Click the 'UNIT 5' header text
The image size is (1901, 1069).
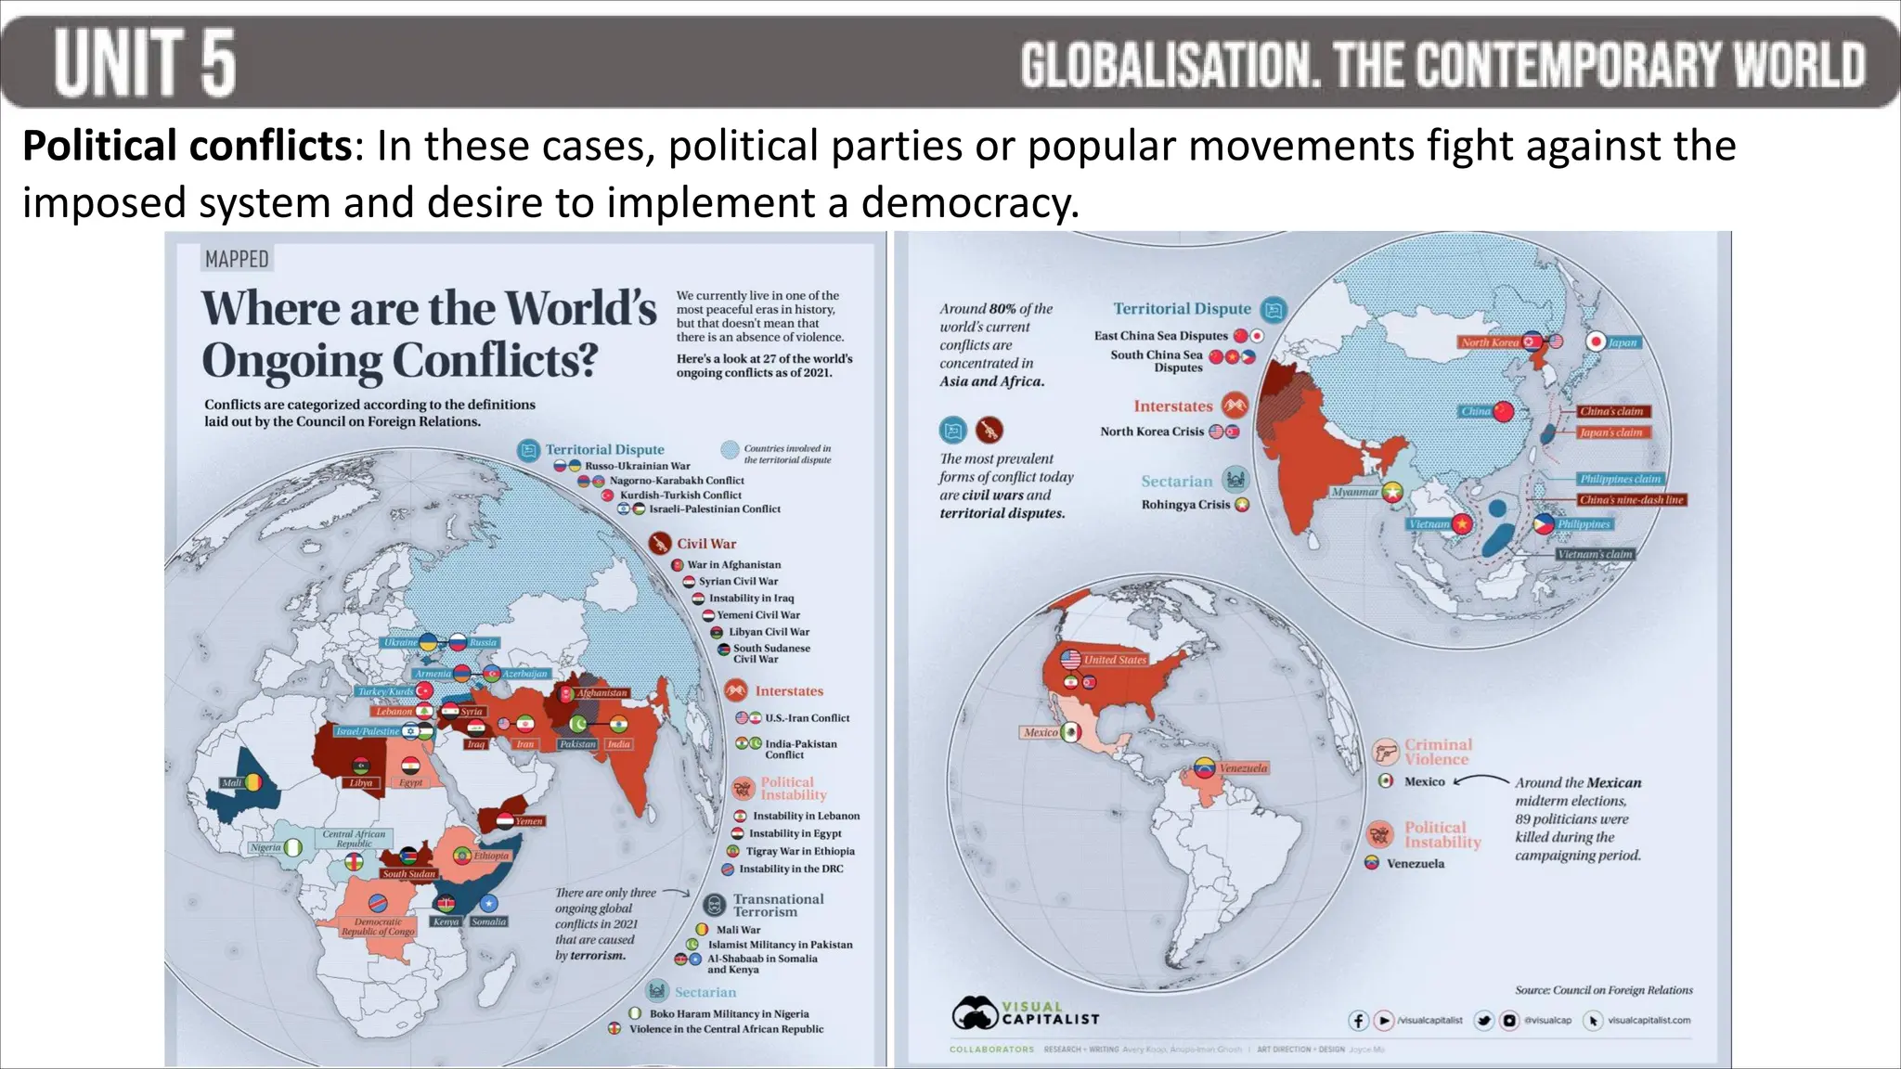click(145, 62)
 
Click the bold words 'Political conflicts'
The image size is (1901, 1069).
click(187, 146)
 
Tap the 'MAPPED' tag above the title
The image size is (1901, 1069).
click(237, 260)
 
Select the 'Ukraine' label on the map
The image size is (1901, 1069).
click(401, 642)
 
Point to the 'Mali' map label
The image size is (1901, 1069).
click(231, 783)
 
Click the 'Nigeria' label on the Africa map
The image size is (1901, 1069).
click(265, 847)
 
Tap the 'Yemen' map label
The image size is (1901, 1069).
click(529, 821)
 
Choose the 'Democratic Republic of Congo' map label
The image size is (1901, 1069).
click(378, 927)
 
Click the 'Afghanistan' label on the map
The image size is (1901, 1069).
click(601, 693)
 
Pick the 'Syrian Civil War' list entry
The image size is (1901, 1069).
click(738, 582)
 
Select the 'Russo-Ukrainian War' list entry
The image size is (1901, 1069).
click(637, 466)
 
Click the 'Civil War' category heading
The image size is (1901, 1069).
click(705, 544)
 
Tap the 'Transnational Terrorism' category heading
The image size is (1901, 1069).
click(777, 905)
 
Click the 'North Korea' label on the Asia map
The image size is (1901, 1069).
click(1489, 342)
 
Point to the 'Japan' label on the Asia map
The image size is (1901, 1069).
click(1623, 342)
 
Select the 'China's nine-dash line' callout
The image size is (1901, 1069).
click(1631, 500)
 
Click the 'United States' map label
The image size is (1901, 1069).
click(1115, 660)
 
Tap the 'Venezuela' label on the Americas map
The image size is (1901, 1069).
click(1243, 768)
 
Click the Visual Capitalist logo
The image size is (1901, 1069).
click(1025, 1013)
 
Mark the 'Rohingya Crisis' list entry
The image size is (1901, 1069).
click(1185, 505)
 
